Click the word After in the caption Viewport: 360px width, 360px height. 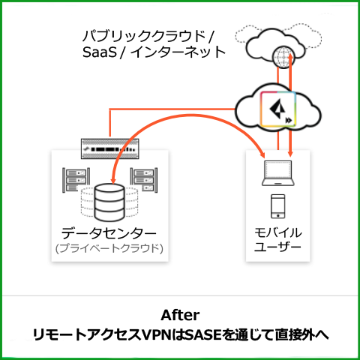[x=180, y=315]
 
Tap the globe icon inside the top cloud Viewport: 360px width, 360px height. [x=283, y=57]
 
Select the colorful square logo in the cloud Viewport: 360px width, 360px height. [x=278, y=109]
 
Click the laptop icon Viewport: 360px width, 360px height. [x=278, y=173]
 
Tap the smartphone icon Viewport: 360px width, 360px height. [x=278, y=206]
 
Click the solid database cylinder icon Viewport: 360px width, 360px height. [x=109, y=202]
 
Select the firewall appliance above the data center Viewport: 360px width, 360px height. [x=110, y=149]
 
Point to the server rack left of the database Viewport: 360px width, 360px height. [x=76, y=180]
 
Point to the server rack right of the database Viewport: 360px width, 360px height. [x=144, y=180]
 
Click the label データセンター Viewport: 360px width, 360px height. [x=109, y=233]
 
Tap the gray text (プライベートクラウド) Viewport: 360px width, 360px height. [x=109, y=248]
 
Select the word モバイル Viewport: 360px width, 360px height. [x=278, y=232]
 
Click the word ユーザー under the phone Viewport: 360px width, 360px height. [x=277, y=247]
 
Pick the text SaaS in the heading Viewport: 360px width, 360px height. [x=100, y=52]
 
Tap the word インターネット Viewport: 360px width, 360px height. [x=178, y=52]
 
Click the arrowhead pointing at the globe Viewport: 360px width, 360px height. [x=290, y=56]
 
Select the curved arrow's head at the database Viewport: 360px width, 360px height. [x=113, y=181]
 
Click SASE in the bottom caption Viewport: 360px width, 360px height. [x=204, y=335]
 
